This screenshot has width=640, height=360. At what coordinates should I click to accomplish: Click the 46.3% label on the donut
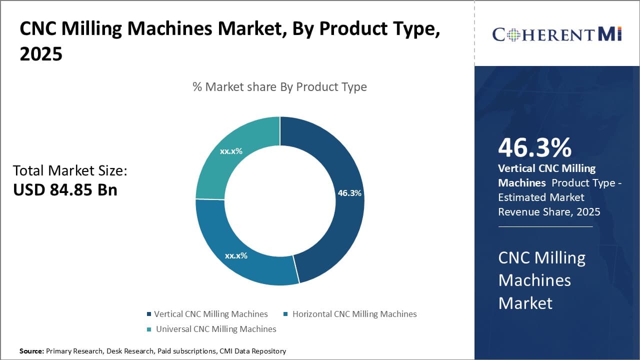[x=349, y=193]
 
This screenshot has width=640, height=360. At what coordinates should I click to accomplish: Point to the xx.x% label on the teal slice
[x=231, y=151]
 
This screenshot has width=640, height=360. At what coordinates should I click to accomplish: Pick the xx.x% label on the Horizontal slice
[x=236, y=255]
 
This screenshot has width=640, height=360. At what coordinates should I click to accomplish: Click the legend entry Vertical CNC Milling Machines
[x=210, y=314]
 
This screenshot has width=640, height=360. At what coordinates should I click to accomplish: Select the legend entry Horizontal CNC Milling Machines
[x=354, y=314]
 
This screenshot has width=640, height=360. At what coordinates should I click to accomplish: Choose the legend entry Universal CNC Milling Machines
[x=215, y=329]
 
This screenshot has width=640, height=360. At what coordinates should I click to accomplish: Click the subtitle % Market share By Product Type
[x=279, y=87]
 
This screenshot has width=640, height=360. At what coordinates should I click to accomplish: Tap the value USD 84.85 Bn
[x=65, y=190]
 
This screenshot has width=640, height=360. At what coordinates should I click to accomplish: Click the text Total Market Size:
[x=70, y=171]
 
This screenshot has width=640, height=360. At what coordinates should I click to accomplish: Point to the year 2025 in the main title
[x=41, y=53]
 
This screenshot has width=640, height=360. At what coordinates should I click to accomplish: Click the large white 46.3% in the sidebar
[x=534, y=148]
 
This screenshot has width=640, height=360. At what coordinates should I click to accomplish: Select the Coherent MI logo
[x=557, y=34]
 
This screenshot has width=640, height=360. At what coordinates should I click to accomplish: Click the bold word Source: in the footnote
[x=31, y=351]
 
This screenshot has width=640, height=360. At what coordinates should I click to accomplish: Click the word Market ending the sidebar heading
[x=525, y=303]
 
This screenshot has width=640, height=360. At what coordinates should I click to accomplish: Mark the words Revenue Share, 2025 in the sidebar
[x=549, y=212]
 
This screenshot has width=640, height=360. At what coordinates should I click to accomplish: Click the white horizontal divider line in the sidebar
[x=545, y=226]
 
